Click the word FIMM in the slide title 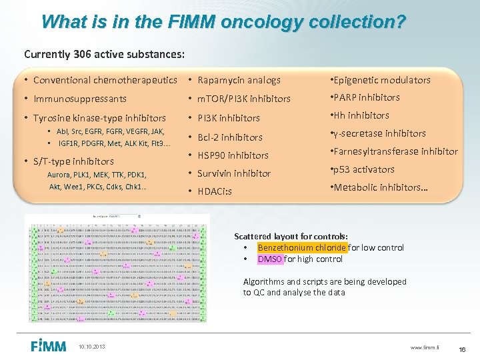193,21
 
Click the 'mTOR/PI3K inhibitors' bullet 244,99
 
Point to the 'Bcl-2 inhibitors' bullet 230,137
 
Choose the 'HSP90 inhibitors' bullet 233,155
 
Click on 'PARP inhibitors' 367,97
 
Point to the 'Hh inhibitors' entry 361,115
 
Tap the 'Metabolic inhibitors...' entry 381,187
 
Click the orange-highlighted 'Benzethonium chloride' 302,247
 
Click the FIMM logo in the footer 49,345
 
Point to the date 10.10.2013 91,346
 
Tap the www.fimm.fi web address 425,347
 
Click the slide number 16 463,349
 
